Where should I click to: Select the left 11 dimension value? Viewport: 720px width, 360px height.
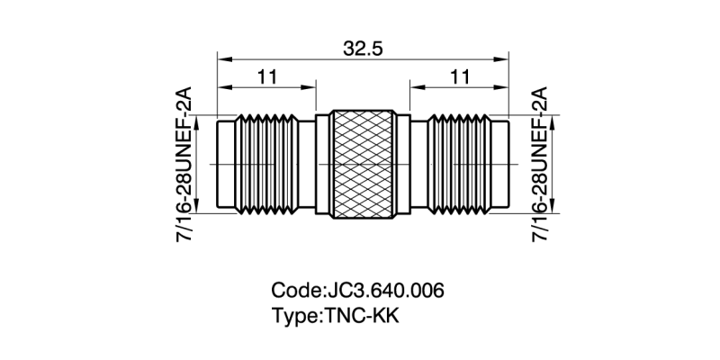[266, 77]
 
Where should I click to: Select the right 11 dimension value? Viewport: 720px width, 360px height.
[460, 77]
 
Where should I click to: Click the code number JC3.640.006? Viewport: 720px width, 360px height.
[382, 292]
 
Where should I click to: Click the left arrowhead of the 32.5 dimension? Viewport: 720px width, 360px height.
[221, 59]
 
